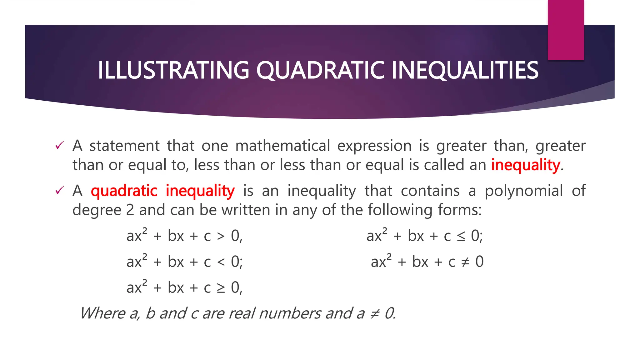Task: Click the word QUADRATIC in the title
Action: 320,70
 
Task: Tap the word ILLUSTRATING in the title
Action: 173,70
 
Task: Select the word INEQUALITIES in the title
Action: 465,70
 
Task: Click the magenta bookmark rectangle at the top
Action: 566,30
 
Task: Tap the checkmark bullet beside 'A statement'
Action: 59,145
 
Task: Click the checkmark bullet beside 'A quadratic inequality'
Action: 59,190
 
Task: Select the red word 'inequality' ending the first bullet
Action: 526,165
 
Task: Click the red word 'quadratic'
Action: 124,191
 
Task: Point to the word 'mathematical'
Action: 282,146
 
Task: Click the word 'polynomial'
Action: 524,191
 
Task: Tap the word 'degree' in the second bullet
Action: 97,210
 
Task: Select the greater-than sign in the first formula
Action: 221,236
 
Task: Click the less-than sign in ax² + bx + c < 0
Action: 221,262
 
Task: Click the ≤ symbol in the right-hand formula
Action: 461,236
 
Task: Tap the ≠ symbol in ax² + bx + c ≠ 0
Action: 465,262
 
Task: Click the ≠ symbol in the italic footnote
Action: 374,313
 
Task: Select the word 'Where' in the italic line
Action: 102,313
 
